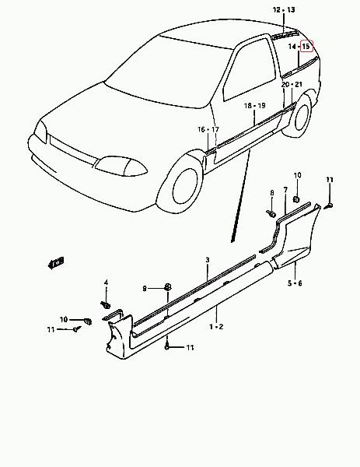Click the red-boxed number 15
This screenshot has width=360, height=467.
[306, 46]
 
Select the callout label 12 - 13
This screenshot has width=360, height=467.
[284, 10]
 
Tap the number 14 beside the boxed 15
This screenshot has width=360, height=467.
[292, 47]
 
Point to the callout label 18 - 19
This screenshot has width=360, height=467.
[255, 106]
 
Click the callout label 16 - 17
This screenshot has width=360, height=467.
[208, 129]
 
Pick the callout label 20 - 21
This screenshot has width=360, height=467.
[292, 85]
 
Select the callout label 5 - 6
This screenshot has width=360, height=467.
[295, 283]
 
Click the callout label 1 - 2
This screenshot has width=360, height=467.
[216, 327]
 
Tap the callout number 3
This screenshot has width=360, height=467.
[208, 260]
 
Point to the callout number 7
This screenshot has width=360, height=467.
[285, 190]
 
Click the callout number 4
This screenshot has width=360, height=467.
[107, 283]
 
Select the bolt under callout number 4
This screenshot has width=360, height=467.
[106, 305]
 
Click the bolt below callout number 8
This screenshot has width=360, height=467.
[271, 213]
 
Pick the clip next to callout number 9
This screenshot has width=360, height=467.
[168, 287]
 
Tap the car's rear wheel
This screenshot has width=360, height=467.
[300, 116]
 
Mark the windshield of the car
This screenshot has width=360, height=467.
[169, 72]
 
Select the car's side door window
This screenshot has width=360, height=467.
[250, 70]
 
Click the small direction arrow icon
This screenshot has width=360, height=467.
[56, 263]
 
